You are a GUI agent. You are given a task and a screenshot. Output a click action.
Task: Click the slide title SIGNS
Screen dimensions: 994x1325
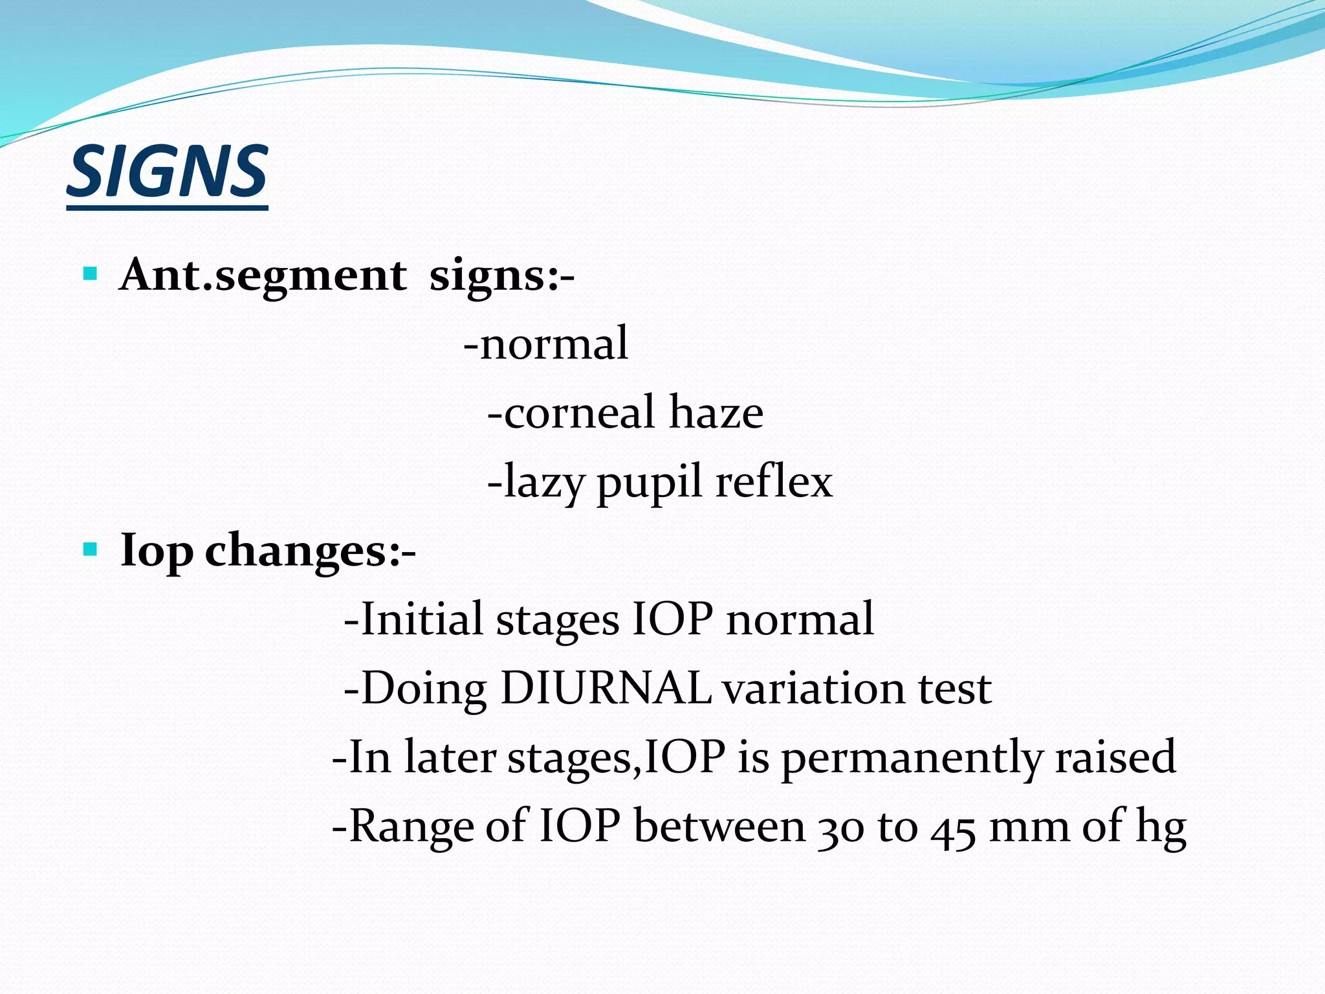[x=167, y=172]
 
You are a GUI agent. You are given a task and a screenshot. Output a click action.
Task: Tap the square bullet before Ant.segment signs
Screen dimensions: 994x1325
[x=91, y=274]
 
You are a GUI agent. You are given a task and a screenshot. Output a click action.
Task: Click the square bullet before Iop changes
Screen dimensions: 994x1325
[x=91, y=550]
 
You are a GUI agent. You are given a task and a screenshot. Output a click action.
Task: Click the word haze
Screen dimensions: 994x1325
[x=716, y=412]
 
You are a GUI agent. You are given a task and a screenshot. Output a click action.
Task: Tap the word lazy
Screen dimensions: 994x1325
[x=544, y=483]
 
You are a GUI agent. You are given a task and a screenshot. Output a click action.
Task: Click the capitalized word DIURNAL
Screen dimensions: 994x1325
[x=606, y=688]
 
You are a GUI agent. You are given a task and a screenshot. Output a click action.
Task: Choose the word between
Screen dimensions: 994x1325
[x=719, y=826]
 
